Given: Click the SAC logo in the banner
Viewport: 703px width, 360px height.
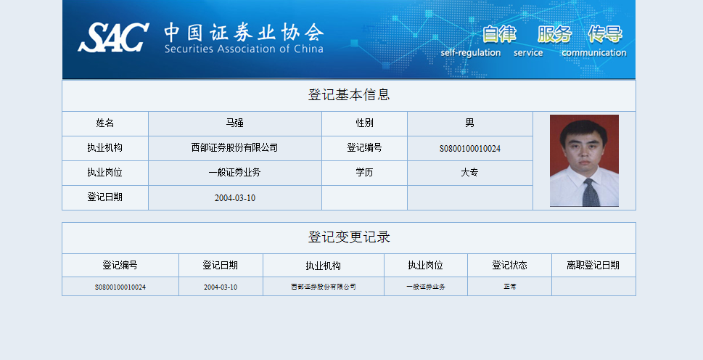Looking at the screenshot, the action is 113,38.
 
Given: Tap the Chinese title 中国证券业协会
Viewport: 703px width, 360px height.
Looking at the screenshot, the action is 244,32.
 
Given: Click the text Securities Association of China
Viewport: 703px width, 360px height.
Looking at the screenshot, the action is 244,49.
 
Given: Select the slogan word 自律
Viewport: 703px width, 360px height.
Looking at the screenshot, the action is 499,33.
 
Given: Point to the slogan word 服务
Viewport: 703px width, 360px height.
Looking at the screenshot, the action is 554,33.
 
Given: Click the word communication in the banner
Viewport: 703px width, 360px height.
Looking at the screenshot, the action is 593,53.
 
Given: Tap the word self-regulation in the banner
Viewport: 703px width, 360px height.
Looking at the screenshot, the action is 471,53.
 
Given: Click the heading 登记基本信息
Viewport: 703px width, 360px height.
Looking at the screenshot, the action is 349,94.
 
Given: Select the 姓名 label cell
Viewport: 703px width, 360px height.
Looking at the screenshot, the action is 105,123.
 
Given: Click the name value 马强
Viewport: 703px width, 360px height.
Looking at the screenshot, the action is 234,123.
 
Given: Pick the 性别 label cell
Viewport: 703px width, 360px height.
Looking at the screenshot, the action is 364,123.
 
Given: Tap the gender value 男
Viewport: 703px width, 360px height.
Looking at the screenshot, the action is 469,123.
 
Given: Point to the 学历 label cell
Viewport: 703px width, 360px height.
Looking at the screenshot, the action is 364,173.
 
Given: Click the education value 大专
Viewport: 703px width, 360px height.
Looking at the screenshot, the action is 469,172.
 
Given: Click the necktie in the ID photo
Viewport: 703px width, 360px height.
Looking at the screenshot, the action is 591,192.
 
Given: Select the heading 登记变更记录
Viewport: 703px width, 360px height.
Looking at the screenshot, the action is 349,237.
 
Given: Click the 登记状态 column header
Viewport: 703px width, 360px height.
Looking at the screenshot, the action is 509,266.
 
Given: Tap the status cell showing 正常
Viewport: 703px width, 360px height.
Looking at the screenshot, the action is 510,287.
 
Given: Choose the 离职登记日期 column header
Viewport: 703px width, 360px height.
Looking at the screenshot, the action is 593,266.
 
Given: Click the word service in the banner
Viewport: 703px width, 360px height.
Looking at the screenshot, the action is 528,53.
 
